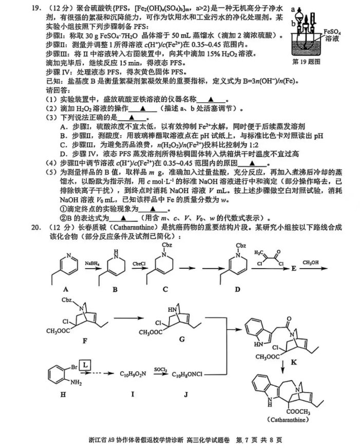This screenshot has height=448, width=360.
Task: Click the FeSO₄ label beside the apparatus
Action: (332, 32)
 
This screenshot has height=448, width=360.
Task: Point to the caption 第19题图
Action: (306, 62)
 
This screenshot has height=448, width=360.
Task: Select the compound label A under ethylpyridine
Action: (66, 289)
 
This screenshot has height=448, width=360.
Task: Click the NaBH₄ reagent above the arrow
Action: (92, 264)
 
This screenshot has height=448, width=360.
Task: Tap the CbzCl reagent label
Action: (140, 264)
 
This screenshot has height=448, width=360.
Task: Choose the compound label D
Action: (238, 289)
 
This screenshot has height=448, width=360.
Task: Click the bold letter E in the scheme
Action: (294, 269)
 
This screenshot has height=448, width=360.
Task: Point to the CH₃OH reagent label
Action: (311, 263)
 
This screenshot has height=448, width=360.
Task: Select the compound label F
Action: (85, 341)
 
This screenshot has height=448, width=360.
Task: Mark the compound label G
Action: (182, 339)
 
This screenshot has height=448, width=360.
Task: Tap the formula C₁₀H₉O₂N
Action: (132, 374)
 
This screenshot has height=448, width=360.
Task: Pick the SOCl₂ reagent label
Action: (161, 370)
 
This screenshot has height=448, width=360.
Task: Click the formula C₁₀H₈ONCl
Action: (187, 374)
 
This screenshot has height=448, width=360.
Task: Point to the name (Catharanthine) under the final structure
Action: (288, 420)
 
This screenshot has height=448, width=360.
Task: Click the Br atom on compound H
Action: (74, 367)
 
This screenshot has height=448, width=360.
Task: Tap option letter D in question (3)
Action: (63, 154)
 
